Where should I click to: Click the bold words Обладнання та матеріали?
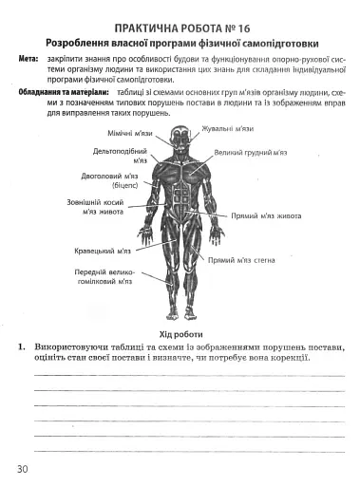[59, 91]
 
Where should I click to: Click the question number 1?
[21, 347]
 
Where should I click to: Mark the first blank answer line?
[190, 376]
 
